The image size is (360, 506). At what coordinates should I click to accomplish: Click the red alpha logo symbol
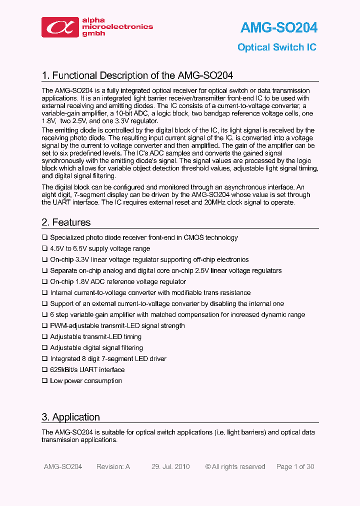click(x=60, y=27)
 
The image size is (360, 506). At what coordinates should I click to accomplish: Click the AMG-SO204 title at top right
click(x=278, y=27)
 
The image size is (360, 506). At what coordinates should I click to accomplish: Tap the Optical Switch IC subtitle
click(x=276, y=47)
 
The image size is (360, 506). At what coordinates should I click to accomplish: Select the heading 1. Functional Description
click(x=137, y=75)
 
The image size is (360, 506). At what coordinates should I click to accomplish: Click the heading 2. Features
click(x=66, y=222)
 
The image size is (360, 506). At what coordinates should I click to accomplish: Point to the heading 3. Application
click(x=70, y=417)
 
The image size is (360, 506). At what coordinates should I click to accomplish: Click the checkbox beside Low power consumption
click(x=44, y=380)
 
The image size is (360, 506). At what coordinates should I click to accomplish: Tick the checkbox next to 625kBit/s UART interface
click(x=44, y=369)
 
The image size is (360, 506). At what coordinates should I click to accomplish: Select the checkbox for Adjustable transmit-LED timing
click(x=44, y=336)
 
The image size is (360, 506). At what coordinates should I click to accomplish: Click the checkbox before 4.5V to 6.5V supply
click(x=44, y=248)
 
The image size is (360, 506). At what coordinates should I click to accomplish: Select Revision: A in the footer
click(x=113, y=466)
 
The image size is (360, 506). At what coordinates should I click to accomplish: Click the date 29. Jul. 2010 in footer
click(x=170, y=466)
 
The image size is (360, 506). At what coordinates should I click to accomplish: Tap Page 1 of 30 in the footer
click(x=295, y=466)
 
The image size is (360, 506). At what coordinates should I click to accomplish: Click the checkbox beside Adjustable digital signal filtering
click(x=44, y=347)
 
